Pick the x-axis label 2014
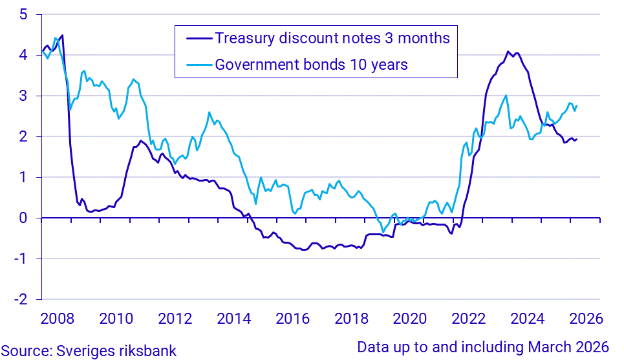[233, 319]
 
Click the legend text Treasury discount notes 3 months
[332, 38]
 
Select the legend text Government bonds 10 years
[311, 65]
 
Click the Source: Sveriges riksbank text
[88, 350]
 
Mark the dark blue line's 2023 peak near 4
[508, 52]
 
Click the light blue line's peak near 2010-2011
[133, 79]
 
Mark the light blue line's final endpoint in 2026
[577, 106]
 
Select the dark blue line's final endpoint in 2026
[577, 140]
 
